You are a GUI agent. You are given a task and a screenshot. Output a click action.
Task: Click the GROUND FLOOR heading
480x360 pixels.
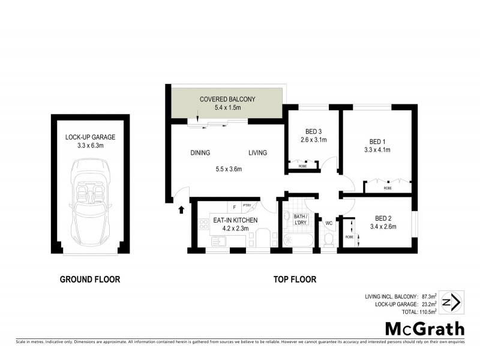click(x=90, y=279)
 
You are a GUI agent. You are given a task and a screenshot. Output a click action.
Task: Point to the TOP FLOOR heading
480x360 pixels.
click(x=295, y=279)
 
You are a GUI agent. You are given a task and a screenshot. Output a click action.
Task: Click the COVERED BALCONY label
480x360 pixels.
click(x=227, y=99)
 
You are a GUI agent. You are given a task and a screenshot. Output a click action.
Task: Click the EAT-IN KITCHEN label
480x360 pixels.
click(x=235, y=220)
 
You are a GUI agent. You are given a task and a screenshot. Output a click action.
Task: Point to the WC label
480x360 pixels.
click(x=329, y=224)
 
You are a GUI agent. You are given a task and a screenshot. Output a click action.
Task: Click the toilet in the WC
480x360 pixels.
click(x=329, y=240)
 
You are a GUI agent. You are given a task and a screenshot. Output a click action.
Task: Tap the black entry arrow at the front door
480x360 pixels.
click(x=182, y=209)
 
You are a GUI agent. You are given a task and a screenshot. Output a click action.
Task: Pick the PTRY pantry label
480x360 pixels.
click(x=246, y=206)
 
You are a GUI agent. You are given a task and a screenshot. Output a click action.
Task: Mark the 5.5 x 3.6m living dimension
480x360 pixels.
click(x=228, y=169)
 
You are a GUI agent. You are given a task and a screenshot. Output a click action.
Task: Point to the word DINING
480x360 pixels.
click(x=200, y=153)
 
